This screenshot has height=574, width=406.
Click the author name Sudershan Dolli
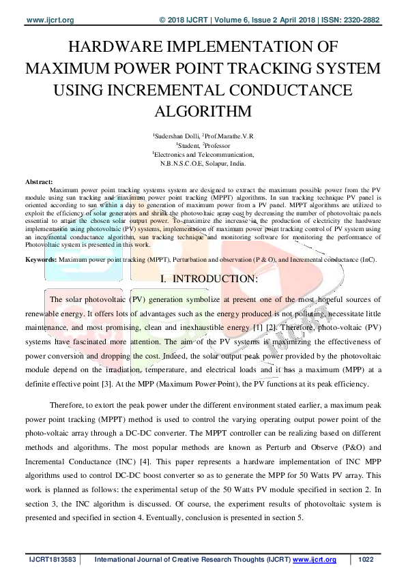[x=174, y=136]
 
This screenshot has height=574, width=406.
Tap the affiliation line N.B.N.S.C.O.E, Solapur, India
[x=203, y=164]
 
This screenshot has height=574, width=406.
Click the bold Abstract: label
[x=39, y=182]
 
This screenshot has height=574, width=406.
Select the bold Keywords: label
[x=41, y=260]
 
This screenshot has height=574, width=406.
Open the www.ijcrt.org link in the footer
[x=315, y=560]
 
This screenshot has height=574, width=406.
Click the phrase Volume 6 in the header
[x=236, y=20]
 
